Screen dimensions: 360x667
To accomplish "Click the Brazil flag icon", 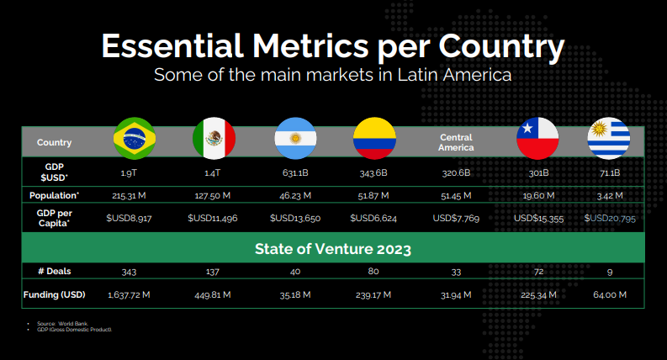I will [x=134, y=139].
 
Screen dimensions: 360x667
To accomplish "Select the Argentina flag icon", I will [x=295, y=139].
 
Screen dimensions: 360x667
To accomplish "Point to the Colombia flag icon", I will [x=373, y=139].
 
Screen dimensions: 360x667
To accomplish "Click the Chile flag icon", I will [x=537, y=139].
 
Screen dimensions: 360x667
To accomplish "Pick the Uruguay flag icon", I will [x=609, y=139].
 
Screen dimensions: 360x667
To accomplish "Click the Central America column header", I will [x=455, y=142].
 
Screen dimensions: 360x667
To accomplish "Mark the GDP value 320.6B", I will [x=455, y=172].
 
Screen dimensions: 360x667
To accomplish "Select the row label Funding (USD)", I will [x=54, y=295].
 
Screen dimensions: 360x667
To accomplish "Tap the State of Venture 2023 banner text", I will [x=332, y=249].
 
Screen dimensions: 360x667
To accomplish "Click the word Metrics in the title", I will [x=319, y=46].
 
